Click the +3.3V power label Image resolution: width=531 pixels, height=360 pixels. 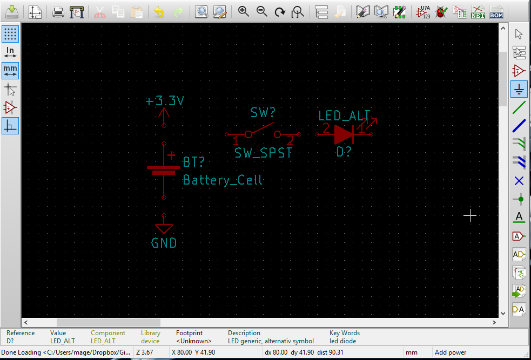[x=165, y=101]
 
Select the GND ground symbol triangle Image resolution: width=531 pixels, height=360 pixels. [x=164, y=228]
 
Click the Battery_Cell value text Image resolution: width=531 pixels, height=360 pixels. [x=223, y=180]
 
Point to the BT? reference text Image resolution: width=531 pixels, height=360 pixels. [x=194, y=162]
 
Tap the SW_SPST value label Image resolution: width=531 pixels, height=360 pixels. [x=263, y=153]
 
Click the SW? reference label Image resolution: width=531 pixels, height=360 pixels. [x=263, y=113]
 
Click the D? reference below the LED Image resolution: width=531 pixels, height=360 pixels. [x=344, y=152]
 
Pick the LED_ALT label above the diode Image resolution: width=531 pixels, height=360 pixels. [x=344, y=116]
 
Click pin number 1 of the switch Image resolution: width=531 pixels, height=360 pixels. [x=236, y=141]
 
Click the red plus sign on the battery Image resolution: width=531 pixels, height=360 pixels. [x=171, y=155]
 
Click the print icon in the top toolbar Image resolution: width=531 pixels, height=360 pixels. [x=58, y=12]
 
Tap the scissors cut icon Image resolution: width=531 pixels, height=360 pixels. [x=100, y=12]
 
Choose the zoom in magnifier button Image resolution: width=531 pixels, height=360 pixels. [x=244, y=12]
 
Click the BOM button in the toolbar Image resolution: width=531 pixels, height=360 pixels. [x=496, y=12]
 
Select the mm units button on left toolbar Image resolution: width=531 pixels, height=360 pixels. [x=10, y=70]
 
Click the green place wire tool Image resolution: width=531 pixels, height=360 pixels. [x=519, y=107]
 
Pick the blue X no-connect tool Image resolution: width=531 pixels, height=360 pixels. [x=519, y=181]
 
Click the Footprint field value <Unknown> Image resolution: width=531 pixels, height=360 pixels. [x=194, y=341]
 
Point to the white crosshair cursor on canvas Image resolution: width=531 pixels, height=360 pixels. [x=470, y=216]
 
